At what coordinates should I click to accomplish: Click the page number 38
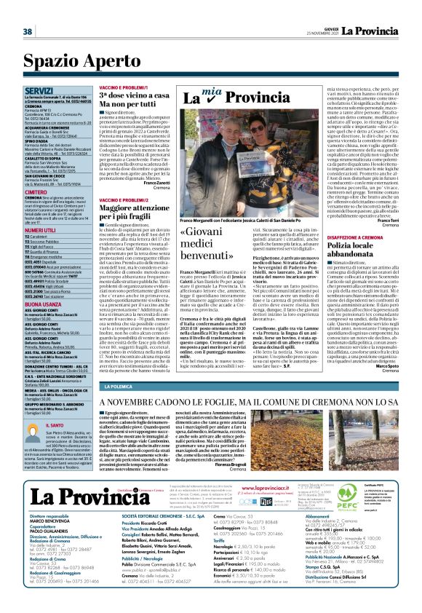tap(27, 31)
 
